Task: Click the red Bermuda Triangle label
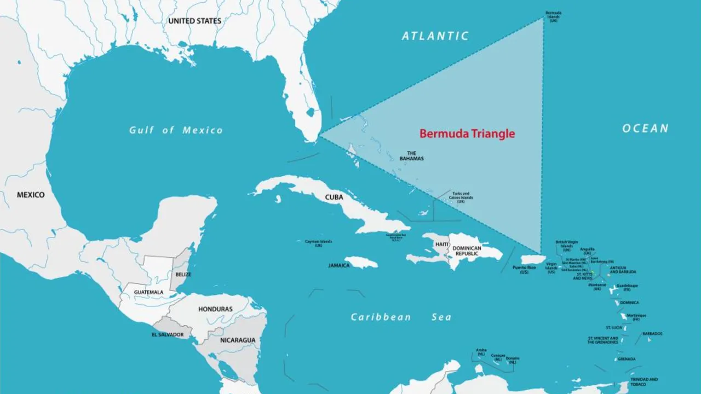click(467, 133)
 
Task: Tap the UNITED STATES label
click(194, 21)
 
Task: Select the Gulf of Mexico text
click(176, 130)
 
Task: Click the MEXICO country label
click(31, 195)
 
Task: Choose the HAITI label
click(443, 244)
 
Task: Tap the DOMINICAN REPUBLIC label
click(467, 251)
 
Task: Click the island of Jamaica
click(361, 263)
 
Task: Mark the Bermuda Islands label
click(553, 16)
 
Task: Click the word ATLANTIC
click(435, 36)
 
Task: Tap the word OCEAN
click(645, 129)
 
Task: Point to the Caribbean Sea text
click(401, 317)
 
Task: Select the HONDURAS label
click(215, 309)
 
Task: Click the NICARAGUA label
click(238, 340)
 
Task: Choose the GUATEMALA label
click(148, 292)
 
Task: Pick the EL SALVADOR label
click(168, 334)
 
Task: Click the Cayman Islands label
click(319, 243)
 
